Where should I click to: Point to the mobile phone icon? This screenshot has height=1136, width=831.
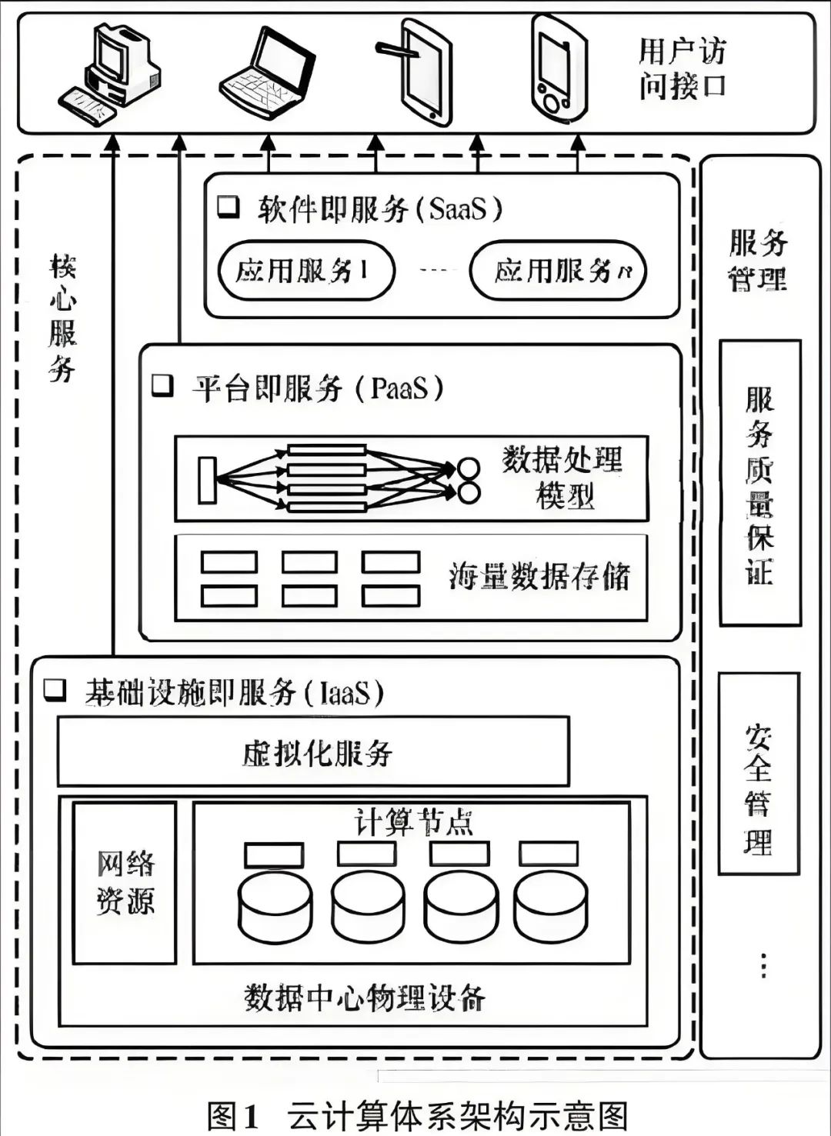559,68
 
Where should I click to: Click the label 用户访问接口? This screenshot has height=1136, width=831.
682,69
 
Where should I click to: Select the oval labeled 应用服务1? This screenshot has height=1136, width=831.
305,271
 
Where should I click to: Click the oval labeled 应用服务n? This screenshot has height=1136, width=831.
558,271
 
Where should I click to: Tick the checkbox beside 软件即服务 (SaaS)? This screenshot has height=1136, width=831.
228,207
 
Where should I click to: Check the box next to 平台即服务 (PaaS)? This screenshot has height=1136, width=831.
162,385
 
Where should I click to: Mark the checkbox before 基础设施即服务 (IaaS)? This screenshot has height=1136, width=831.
55,690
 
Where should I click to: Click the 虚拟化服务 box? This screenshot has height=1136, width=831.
313,751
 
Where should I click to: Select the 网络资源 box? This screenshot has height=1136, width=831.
125,881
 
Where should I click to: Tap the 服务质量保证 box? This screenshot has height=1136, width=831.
759,483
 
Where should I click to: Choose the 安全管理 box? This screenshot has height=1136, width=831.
759,773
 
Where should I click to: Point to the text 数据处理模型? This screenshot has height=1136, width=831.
563,477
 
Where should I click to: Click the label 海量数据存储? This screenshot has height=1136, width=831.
539,577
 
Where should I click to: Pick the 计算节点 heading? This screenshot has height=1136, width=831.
412,822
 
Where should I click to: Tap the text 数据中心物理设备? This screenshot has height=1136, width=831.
365,998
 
